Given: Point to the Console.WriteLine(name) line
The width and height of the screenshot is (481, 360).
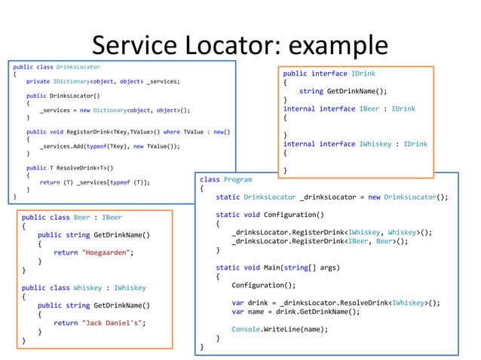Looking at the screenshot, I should (x=279, y=328).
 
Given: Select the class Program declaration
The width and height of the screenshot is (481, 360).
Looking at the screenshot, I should (x=225, y=180).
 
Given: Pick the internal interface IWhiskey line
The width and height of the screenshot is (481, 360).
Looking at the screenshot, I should (x=355, y=144).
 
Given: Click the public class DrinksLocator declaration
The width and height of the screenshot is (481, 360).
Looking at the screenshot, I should (x=57, y=67).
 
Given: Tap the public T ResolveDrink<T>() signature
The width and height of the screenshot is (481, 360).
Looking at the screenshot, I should (x=69, y=167).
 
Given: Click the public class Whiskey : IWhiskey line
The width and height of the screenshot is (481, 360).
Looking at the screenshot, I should (x=84, y=288).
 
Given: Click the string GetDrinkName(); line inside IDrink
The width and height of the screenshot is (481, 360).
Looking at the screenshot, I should (x=343, y=91).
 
